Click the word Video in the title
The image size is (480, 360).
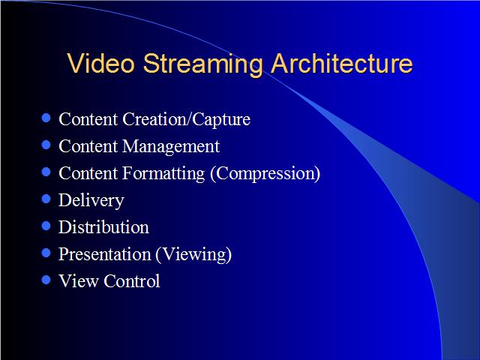point(100,63)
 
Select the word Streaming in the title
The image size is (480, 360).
point(202,65)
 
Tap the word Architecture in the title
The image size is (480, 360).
point(342,63)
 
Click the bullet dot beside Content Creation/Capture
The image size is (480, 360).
point(46,118)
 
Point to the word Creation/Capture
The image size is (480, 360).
point(187,120)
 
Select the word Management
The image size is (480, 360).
point(171,147)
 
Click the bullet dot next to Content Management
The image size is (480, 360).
point(46,145)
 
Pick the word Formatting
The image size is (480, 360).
point(163,173)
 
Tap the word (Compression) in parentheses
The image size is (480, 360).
point(265,173)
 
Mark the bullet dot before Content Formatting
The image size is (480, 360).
point(46,172)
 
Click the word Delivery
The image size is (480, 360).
point(91,201)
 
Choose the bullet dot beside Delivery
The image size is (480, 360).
point(46,199)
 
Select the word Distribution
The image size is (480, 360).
point(103,227)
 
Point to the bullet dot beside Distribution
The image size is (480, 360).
point(46,226)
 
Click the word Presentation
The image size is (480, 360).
point(105,254)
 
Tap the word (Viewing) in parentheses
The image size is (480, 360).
point(193,255)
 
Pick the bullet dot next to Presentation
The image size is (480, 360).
point(46,253)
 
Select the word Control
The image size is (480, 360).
point(132,281)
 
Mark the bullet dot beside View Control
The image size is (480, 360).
point(46,280)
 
